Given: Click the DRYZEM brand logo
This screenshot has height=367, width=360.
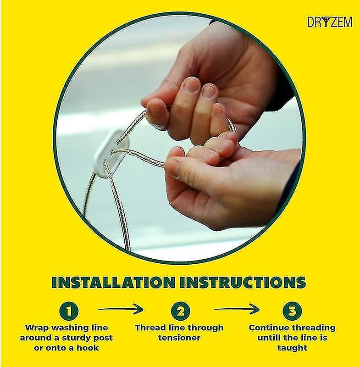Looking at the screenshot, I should pos(329,22).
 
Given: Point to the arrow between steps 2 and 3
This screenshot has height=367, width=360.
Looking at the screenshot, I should pos(237,310).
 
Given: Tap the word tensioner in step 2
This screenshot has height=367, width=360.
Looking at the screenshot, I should pos(179,338).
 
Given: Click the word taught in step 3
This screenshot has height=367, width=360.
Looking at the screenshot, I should pos(292,348).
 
